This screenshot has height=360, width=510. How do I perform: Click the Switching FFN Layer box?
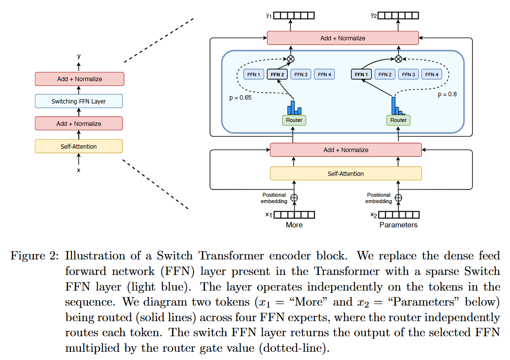click(x=79, y=101)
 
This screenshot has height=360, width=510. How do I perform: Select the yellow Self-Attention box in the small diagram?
click(x=79, y=146)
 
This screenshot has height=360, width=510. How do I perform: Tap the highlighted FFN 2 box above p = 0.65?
click(x=278, y=74)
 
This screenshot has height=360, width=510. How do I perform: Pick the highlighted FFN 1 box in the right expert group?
click(x=362, y=74)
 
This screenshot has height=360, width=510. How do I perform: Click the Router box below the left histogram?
click(x=294, y=120)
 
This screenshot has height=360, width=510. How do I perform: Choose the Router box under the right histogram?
click(x=398, y=120)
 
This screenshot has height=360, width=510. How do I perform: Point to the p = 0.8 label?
click(x=447, y=94)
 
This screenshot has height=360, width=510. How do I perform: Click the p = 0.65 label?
click(x=240, y=97)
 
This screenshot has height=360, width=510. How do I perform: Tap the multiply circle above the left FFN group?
click(x=291, y=59)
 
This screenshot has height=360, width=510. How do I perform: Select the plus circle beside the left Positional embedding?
click(x=294, y=198)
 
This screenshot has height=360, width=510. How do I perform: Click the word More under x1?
click(x=294, y=225)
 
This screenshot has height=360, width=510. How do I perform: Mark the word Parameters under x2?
click(x=398, y=225)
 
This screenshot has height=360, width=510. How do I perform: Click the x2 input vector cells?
click(x=399, y=215)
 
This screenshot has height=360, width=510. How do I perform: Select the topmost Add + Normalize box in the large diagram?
click(x=343, y=38)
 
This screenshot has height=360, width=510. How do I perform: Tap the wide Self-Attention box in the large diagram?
click(x=346, y=173)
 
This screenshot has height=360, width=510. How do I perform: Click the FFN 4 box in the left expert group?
click(x=324, y=74)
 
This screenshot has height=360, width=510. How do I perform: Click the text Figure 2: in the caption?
click(x=35, y=256)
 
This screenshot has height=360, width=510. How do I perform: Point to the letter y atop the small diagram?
click(x=79, y=56)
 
